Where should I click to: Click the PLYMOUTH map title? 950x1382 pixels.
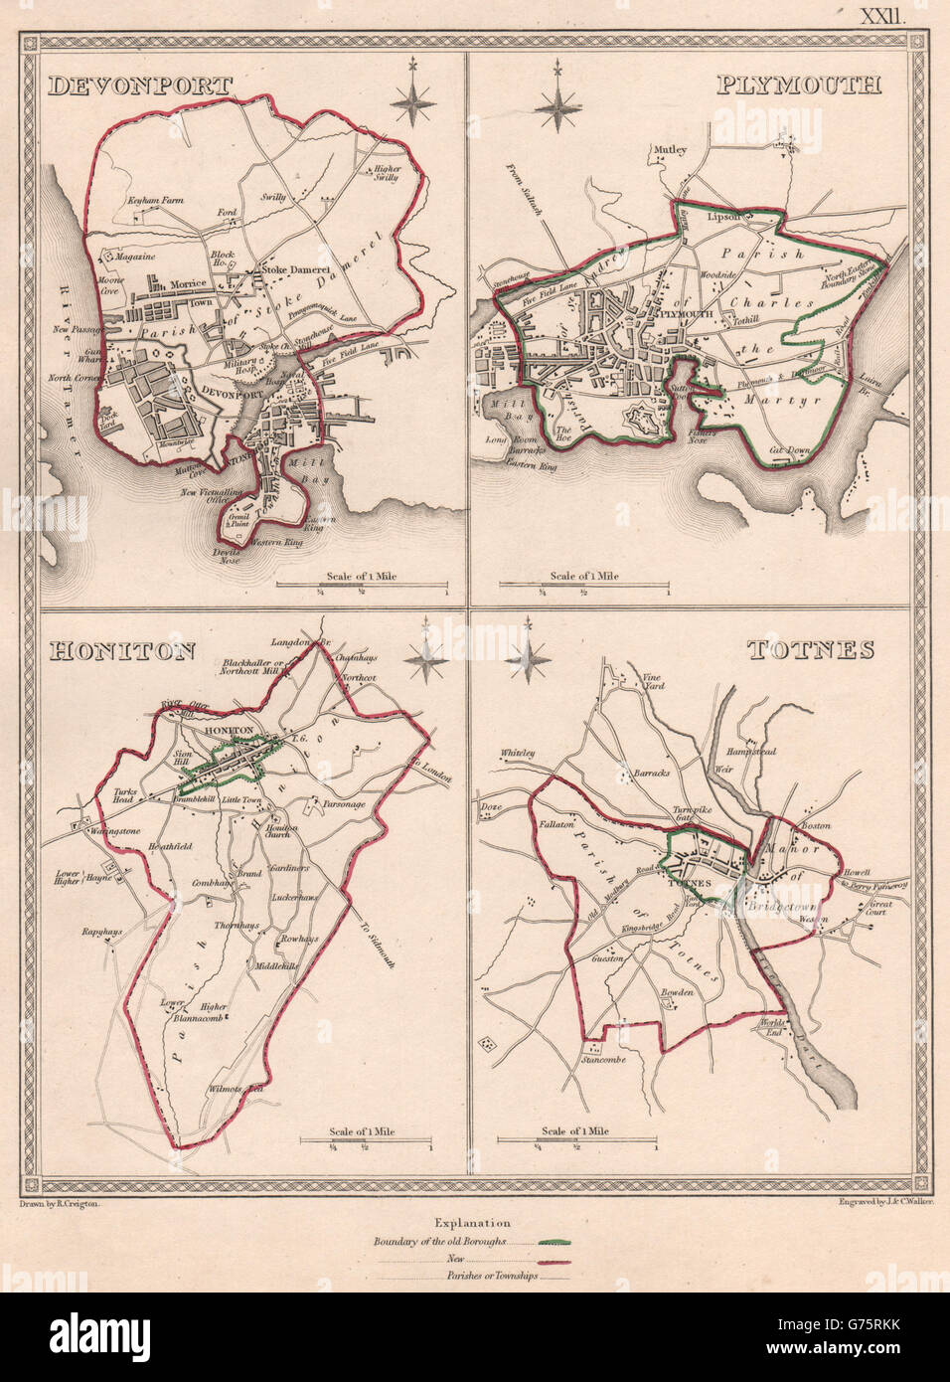[x=798, y=86]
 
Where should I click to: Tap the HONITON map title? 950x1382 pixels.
[x=109, y=650]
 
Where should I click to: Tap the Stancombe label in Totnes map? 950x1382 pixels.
[x=603, y=1075]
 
